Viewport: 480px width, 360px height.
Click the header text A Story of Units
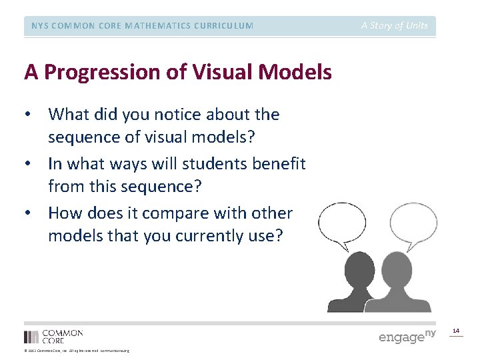(x=395, y=26)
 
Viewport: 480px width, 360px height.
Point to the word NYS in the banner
(x=39, y=26)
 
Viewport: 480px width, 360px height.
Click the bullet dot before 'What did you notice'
(x=28, y=115)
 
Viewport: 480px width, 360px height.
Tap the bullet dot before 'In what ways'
(x=28, y=164)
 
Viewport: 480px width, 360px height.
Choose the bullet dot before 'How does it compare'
(x=28, y=213)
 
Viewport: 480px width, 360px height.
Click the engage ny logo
(x=407, y=336)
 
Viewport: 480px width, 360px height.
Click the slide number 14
(x=456, y=331)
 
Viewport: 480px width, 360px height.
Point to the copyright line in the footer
(x=77, y=351)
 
